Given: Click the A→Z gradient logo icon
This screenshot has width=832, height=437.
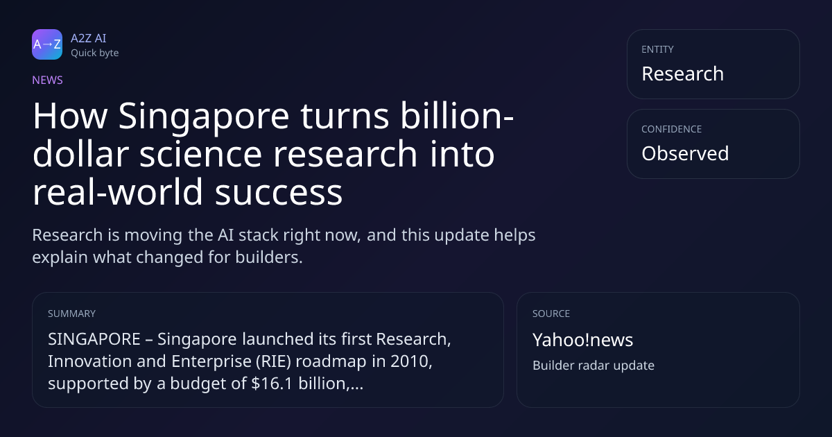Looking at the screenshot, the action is [47, 44].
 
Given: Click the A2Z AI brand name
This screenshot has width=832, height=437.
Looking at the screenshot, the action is [89, 38].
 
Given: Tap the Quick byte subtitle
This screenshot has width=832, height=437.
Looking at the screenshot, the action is [95, 53].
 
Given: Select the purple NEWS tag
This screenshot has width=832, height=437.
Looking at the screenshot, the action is [47, 80].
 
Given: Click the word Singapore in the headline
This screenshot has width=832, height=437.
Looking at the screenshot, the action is [204, 117].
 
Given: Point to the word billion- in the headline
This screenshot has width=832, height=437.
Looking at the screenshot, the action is [457, 116].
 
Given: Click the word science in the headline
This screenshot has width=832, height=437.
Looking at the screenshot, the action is [201, 155].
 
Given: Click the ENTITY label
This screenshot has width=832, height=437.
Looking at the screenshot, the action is [657, 49].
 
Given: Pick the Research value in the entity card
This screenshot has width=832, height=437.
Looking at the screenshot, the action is [683, 74].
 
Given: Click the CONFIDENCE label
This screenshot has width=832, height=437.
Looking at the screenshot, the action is [672, 129].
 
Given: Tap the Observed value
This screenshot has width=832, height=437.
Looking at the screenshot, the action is [685, 153].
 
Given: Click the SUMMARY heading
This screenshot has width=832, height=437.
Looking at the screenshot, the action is [71, 314].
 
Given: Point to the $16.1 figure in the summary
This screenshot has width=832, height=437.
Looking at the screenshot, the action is [272, 384].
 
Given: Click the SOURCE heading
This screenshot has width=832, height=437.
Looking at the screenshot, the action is [551, 314].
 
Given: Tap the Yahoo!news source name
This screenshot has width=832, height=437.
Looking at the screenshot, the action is [583, 340].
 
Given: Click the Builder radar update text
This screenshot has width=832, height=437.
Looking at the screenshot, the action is [593, 366].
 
